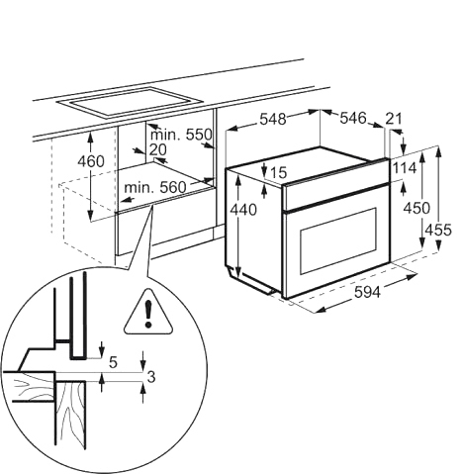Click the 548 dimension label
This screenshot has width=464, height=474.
[273, 119]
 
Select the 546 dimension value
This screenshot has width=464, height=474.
[353, 118]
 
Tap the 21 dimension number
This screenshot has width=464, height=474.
[394, 119]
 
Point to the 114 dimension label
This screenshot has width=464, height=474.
[405, 168]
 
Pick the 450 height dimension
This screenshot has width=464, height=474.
[417, 208]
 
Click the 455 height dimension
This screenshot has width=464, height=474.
[438, 230]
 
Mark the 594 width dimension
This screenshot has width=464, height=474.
[367, 292]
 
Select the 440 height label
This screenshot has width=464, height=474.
[243, 210]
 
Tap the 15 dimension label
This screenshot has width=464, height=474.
[278, 172]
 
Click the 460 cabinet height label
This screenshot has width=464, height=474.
[91, 161]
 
